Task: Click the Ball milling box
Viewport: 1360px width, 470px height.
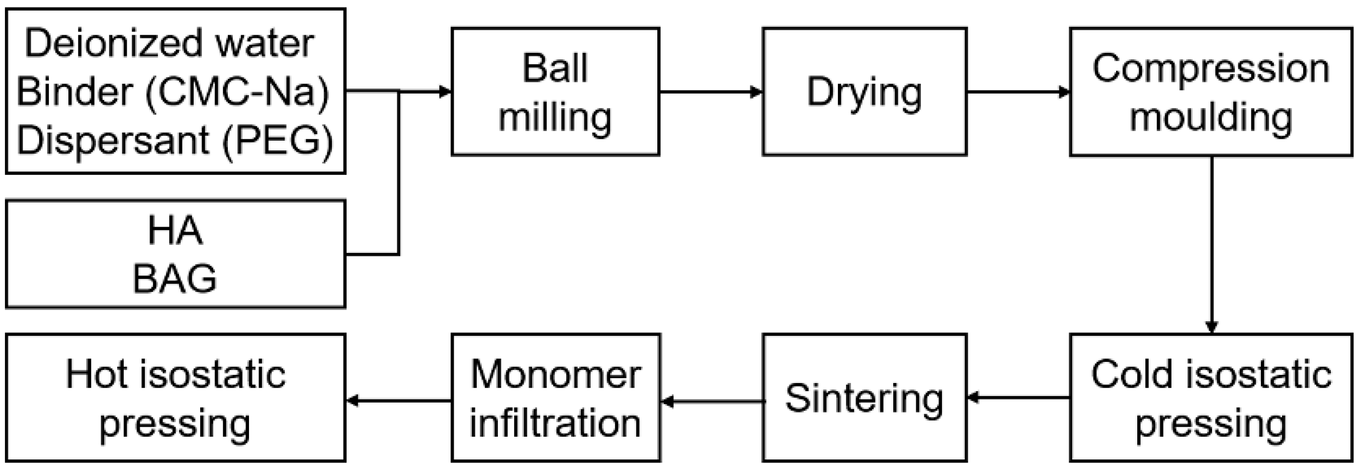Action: click(555, 92)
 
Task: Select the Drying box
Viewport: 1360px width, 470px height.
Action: click(864, 92)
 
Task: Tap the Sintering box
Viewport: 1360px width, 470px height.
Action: click(864, 398)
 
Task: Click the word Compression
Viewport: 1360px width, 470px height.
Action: click(1211, 68)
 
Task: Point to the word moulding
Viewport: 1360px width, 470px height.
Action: click(1211, 117)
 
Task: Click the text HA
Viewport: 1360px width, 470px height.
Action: click(175, 231)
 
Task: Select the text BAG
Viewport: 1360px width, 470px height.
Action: click(175, 278)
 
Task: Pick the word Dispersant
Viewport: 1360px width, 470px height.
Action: click(113, 140)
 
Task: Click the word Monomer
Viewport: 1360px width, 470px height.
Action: click(555, 374)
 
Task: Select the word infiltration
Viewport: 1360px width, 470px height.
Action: click(555, 423)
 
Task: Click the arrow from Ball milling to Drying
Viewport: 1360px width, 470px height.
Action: click(711, 92)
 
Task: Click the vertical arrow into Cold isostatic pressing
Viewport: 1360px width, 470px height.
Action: click(1212, 245)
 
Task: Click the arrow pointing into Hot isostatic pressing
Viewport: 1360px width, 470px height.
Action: click(399, 401)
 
